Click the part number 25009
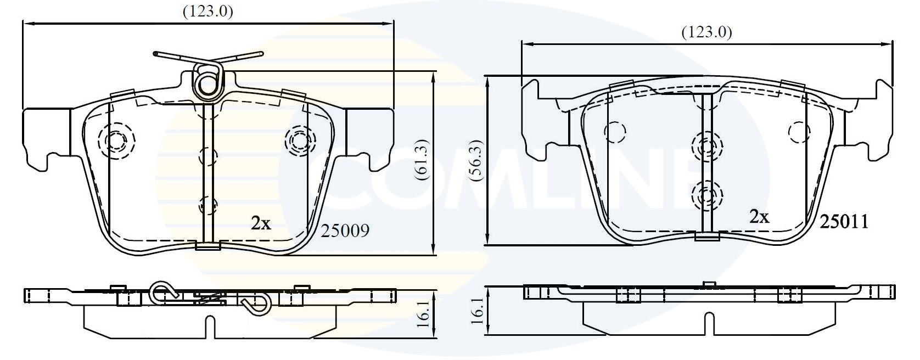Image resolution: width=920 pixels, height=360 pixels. [345, 230]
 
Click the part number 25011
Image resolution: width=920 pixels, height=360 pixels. [844, 222]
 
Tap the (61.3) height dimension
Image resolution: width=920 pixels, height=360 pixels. [422, 162]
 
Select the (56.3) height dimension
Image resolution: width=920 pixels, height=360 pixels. [475, 163]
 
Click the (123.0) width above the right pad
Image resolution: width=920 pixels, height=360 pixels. [706, 32]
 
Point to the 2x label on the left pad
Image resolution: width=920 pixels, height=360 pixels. [261, 223]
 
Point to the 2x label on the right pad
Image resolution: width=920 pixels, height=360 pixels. [759, 217]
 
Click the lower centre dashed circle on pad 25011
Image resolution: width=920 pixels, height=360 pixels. [706, 194]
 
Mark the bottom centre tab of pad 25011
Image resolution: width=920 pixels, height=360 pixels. [707, 237]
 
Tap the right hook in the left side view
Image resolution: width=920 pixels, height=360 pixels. [254, 302]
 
